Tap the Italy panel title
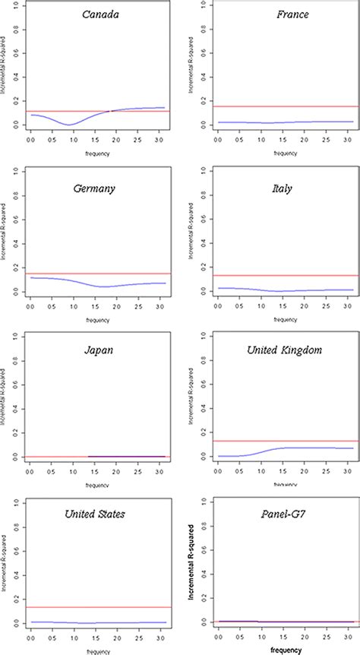click(280, 186)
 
